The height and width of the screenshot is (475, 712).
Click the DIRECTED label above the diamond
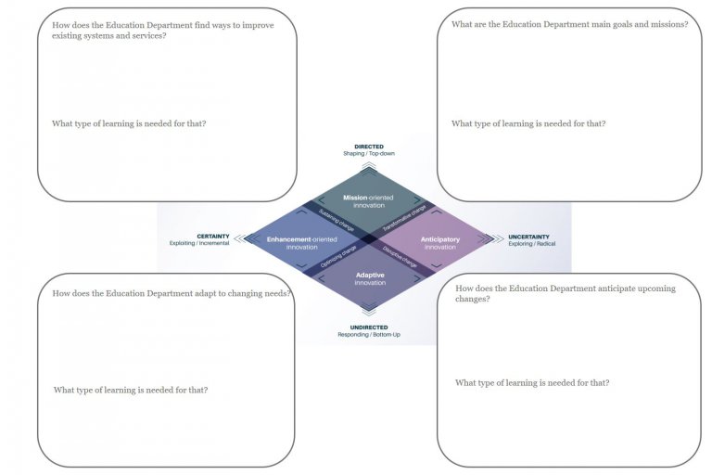[x=369, y=147]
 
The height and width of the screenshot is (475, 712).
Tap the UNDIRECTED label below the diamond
[x=369, y=327]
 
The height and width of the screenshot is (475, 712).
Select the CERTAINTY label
[x=213, y=237]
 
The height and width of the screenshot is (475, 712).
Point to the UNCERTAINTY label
[x=528, y=237]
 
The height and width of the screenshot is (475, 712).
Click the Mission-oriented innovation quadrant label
[x=369, y=200]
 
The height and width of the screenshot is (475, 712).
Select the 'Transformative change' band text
[x=404, y=216]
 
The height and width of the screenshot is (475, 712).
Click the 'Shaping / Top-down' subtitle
[x=369, y=154]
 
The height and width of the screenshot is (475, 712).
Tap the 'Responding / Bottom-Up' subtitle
[x=369, y=335]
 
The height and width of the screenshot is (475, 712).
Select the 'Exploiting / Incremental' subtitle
[x=199, y=244]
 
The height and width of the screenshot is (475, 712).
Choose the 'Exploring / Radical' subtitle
[x=532, y=244]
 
